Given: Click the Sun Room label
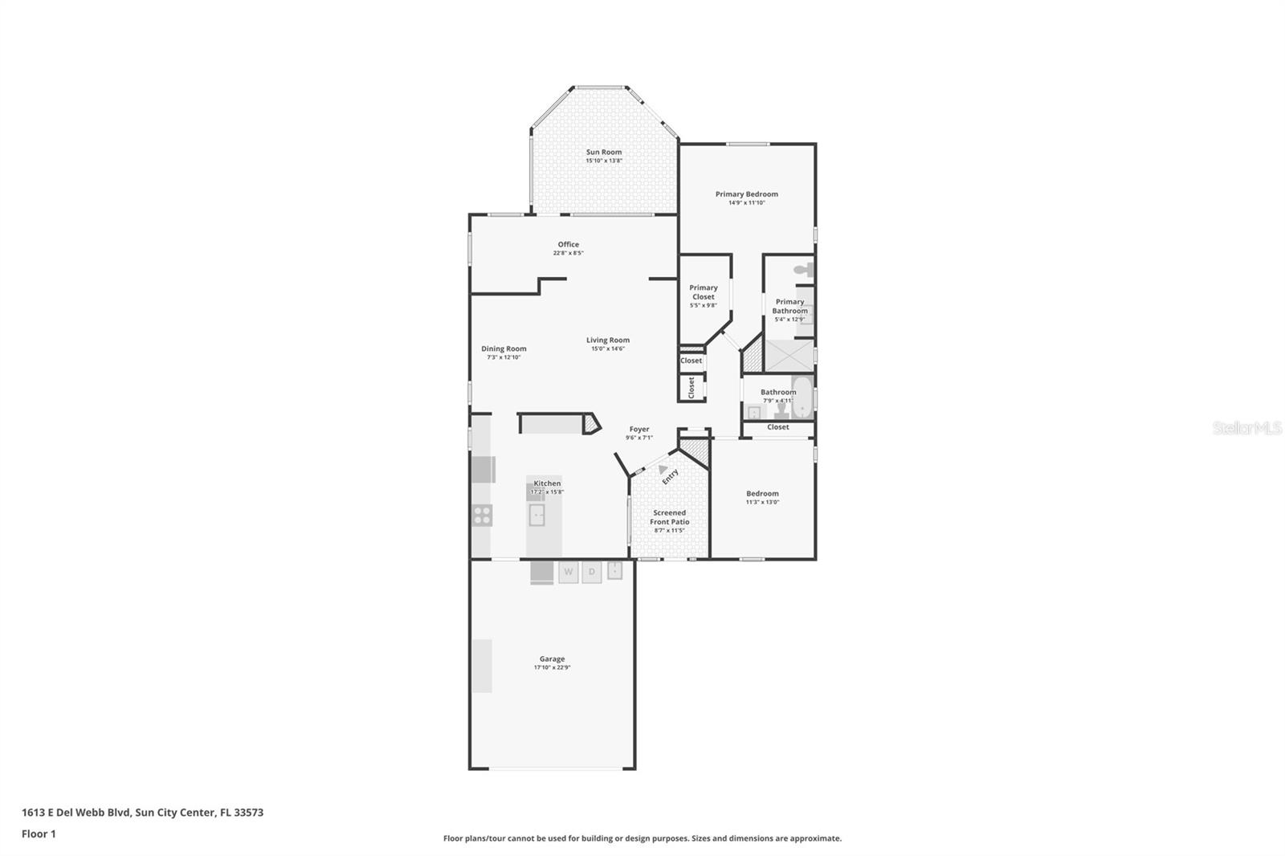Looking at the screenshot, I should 603,152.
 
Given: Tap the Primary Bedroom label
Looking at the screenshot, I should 746,194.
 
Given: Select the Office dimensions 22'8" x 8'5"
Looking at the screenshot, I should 568,253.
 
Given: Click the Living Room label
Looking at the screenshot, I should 607,340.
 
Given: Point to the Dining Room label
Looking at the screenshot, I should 504,349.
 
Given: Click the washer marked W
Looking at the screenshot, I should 569,572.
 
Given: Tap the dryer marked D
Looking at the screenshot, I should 592,572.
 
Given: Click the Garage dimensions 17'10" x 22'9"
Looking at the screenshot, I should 552,667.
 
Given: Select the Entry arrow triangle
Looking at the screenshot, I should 662,469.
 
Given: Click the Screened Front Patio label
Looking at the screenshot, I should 669,517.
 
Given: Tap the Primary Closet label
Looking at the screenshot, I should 703,291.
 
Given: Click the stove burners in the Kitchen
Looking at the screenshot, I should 482,516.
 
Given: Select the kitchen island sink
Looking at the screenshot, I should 536,515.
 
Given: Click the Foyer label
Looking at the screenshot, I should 638,429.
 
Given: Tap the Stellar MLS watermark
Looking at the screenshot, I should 1246,428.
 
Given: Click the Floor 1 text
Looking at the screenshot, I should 39,834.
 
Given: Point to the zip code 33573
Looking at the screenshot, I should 247,812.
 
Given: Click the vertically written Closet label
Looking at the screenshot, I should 691,388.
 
